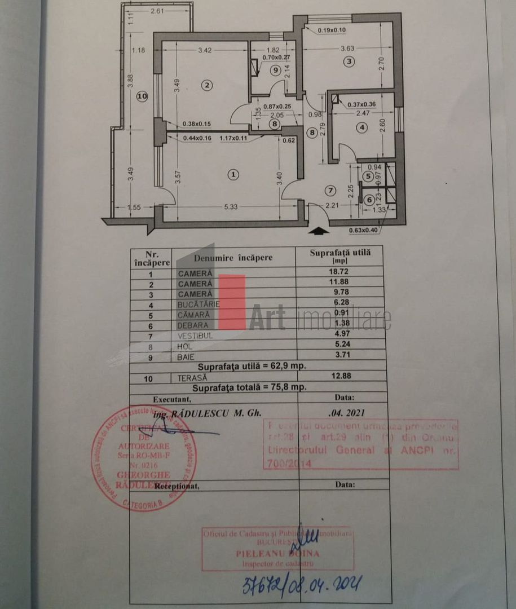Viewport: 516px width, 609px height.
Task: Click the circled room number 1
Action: coord(233,175)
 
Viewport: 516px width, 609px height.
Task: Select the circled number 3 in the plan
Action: coord(349,61)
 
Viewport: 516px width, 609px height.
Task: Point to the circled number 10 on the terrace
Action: coord(141,97)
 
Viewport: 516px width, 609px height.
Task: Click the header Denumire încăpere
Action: coord(233,258)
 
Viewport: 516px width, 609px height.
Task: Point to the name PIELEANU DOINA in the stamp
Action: coord(277,554)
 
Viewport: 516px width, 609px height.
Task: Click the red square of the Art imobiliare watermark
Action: coord(232,302)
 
